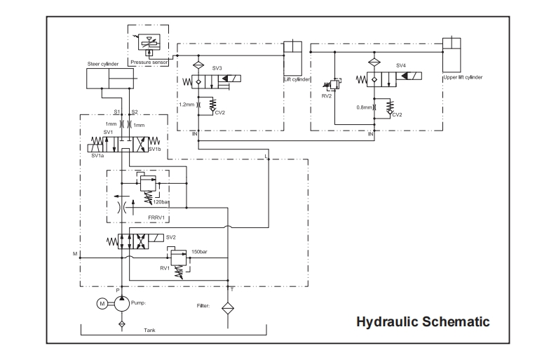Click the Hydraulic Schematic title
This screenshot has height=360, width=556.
pos(423,321)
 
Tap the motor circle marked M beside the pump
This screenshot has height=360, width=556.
pos(102,304)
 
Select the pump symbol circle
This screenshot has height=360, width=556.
pos(121,304)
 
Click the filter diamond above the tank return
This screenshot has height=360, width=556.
pos(228,308)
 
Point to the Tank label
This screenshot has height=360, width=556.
pos(149,331)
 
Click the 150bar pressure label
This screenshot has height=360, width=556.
pos(199,252)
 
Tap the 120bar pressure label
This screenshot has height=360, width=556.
pos(161,202)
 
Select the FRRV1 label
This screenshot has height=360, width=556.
pos(156,218)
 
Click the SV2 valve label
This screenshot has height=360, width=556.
pos(170,237)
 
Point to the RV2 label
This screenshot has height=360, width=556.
pos(327,96)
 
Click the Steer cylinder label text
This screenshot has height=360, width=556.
pos(103,64)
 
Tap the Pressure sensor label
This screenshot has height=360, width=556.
pos(149,62)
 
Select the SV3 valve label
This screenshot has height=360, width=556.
pos(217,68)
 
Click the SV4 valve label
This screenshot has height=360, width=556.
pos(400,65)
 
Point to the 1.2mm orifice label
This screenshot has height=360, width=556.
pos(187,105)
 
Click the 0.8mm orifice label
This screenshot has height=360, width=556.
pos(364,107)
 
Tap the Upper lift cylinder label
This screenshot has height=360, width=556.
pos(463,77)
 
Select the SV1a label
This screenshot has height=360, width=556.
pos(97,156)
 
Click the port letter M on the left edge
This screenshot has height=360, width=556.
pos(75,254)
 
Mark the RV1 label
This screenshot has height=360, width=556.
pos(165,268)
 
